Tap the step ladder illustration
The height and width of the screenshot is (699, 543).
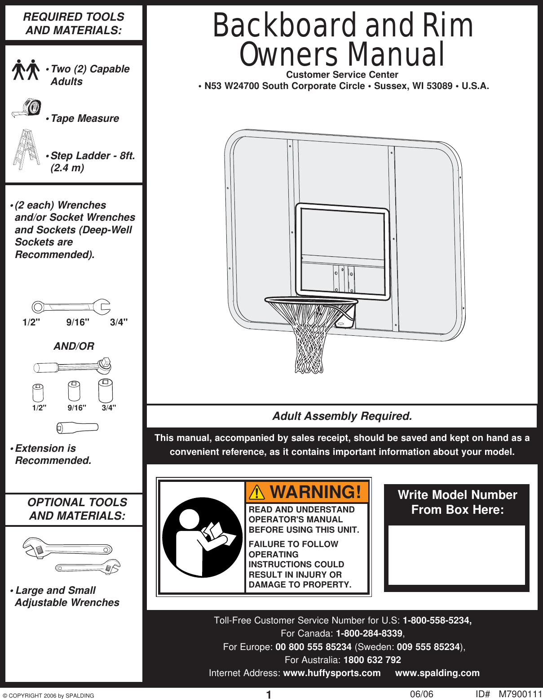tap(26, 150)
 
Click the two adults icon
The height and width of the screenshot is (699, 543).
tap(26, 70)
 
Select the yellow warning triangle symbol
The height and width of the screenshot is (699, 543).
tap(257, 493)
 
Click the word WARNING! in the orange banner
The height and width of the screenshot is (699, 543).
tap(315, 492)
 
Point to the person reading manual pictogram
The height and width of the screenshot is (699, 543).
tap(202, 537)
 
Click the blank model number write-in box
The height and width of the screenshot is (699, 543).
tap(456, 555)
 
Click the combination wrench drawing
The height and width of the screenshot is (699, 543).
tap(71, 307)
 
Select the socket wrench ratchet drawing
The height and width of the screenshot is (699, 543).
tap(72, 366)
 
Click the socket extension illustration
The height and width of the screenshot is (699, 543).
tap(77, 427)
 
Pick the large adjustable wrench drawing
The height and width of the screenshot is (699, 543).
tap(67, 548)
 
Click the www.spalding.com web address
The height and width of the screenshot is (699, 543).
tap(437, 673)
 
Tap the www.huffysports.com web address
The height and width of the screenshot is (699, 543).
tap(332, 673)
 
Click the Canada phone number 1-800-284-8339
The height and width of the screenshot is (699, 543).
tap(369, 633)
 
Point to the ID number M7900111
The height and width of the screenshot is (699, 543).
tap(520, 694)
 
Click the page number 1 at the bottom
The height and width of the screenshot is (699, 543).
tap(269, 695)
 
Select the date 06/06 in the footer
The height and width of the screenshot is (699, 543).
tap(421, 694)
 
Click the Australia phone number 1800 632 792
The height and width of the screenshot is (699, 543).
tap(372, 660)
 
